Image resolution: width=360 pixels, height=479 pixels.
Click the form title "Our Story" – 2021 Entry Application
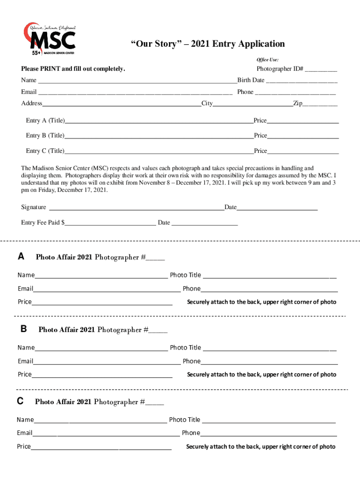click(207, 44)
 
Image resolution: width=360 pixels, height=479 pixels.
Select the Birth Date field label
click(251, 80)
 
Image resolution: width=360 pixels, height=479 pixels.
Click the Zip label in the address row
click(297, 103)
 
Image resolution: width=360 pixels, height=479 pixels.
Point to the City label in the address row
click(207, 103)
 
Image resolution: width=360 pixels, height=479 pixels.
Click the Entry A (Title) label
click(45, 121)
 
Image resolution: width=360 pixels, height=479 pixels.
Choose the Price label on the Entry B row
click(260, 136)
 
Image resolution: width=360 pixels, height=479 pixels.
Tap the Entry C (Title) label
click(45, 151)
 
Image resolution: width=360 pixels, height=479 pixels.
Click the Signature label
click(34, 207)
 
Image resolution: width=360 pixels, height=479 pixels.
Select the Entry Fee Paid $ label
click(43, 223)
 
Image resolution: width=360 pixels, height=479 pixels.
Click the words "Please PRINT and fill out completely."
click(73, 69)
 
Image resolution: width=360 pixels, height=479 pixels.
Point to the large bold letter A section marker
click(21, 256)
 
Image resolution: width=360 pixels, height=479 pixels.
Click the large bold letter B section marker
click(23, 329)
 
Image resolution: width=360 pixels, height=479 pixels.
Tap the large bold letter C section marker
click(20, 401)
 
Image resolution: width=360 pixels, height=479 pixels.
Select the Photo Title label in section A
click(185, 275)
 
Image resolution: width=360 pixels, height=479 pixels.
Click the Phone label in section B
click(191, 361)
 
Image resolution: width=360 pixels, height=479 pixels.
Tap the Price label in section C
click(24, 447)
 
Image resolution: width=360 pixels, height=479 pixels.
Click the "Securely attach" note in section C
click(260, 447)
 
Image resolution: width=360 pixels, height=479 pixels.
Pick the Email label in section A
click(25, 289)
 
